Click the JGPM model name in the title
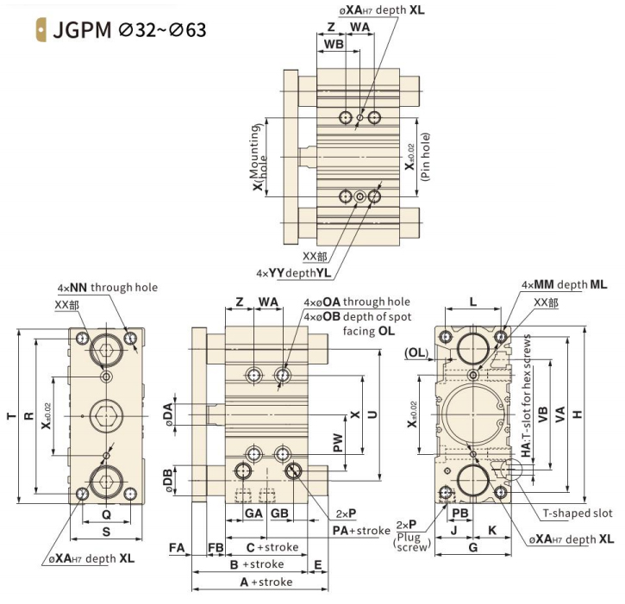tap(82, 30)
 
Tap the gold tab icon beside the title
tap(41, 30)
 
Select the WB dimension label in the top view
tap(334, 44)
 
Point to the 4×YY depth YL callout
tap(294, 273)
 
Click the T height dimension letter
tap(12, 416)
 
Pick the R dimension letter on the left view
tap(28, 416)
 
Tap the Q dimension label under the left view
tap(106, 514)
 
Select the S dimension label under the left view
tap(106, 532)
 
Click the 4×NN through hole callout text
tap(108, 287)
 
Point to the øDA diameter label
tap(169, 414)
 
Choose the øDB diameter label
tap(169, 481)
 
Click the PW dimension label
tap(338, 443)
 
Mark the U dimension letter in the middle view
tap(372, 414)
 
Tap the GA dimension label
tap(253, 514)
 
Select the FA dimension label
tap(177, 548)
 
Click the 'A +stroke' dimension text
tap(266, 582)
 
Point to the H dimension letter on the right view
tap(578, 414)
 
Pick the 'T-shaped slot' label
tap(578, 514)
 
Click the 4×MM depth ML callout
tap(565, 284)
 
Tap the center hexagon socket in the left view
tap(106, 416)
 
